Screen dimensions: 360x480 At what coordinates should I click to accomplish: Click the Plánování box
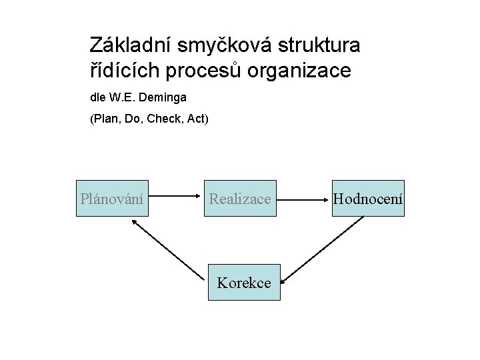[111, 198]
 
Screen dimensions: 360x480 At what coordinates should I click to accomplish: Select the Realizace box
[240, 198]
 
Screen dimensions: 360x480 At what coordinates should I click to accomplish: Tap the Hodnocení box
[368, 198]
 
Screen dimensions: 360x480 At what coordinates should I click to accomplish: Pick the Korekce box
[244, 282]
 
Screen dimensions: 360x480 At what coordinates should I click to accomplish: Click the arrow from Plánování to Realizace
[175, 197]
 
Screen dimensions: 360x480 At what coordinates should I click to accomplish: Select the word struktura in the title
[319, 45]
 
